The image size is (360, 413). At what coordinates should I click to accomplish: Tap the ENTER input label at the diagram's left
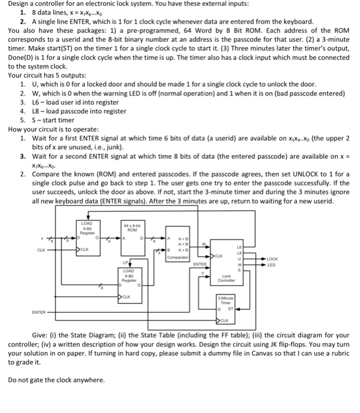click(x=39, y=311)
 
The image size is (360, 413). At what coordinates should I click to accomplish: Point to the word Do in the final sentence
click(x=14, y=379)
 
